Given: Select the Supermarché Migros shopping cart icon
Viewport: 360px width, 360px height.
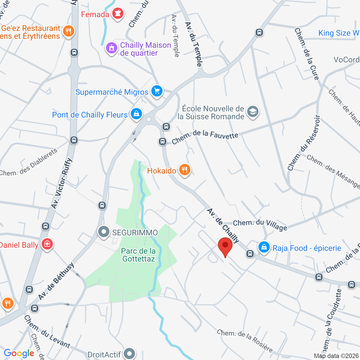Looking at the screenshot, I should (x=157, y=91).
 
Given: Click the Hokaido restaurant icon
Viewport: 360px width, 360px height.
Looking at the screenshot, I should (x=184, y=170).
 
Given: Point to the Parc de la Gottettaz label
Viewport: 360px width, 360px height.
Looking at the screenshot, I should (x=138, y=255).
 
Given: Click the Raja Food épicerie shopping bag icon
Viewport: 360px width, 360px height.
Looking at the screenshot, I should (x=264, y=247).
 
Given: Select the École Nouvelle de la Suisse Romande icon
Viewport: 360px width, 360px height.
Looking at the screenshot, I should (x=253, y=112).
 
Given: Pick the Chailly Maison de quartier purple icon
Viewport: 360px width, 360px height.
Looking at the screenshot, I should (x=112, y=48).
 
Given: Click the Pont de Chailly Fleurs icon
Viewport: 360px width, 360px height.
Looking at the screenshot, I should (x=136, y=114).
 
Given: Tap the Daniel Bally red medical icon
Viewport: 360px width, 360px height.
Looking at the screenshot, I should (x=47, y=244).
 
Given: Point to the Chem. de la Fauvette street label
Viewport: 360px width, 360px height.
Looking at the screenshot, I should (x=205, y=136).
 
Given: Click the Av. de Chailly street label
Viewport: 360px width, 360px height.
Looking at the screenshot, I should (x=223, y=226).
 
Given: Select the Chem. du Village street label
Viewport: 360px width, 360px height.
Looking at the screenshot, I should (x=260, y=224).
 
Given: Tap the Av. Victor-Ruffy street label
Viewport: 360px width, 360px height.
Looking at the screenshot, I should (x=62, y=183).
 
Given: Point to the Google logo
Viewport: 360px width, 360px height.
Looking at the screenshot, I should (x=19, y=353).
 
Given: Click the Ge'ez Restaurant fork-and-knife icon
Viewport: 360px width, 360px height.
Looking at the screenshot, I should (x=68, y=31).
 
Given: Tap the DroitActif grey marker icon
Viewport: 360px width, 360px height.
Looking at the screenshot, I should (x=130, y=354).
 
